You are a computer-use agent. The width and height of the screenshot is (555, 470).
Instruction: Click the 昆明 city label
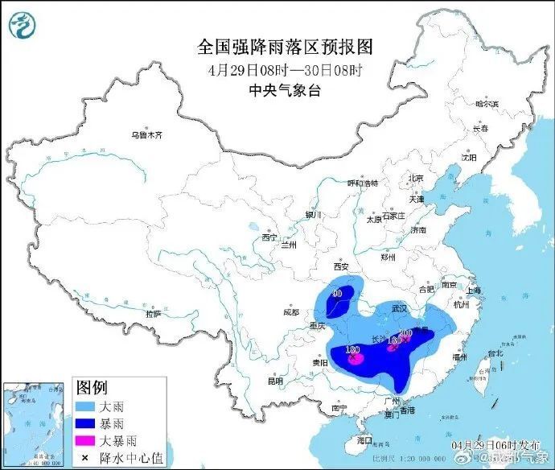(x=276, y=381)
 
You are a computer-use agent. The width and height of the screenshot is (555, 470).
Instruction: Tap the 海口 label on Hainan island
(x=364, y=439)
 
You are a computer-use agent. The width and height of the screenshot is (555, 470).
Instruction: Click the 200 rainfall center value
(x=405, y=333)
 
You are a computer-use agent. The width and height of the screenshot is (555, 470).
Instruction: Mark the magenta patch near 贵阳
(x=355, y=357)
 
